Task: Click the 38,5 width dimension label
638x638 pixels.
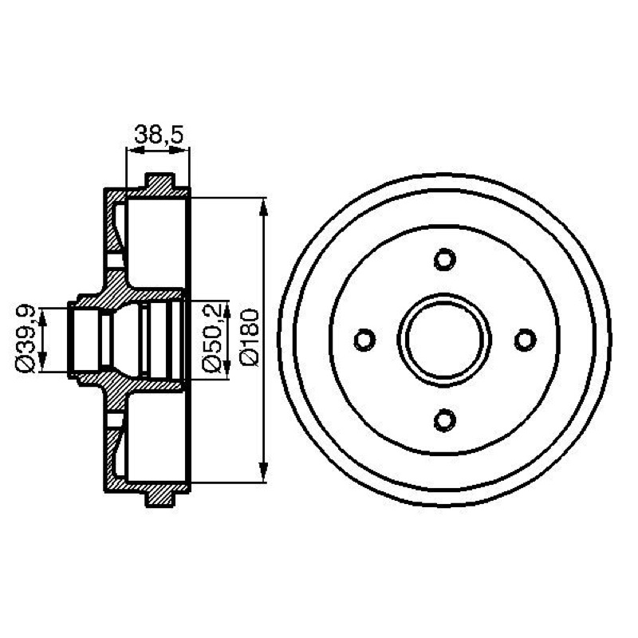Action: tap(159, 134)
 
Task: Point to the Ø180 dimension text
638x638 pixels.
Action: tap(250, 337)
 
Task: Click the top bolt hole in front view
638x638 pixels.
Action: tap(445, 259)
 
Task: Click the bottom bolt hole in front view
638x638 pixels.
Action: tap(445, 420)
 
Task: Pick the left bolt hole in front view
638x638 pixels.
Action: tap(364, 340)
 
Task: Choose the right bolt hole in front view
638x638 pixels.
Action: tap(526, 340)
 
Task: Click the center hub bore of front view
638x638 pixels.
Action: tap(445, 340)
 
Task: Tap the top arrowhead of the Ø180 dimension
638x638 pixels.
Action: tap(264, 207)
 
